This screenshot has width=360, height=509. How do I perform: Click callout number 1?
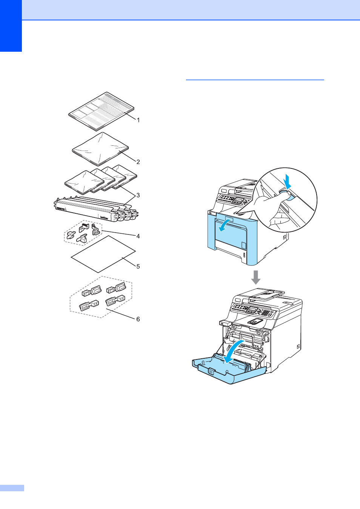coord(138,120)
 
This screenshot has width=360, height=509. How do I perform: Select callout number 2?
coord(138,162)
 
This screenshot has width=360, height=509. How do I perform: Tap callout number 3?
coord(138,196)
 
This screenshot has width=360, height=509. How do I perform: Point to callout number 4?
coord(138,236)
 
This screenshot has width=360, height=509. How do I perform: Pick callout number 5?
coord(138,266)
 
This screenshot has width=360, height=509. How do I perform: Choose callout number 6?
coord(138,319)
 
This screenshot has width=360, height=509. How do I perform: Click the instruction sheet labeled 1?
coord(101,111)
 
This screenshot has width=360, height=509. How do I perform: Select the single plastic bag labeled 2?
coord(100,149)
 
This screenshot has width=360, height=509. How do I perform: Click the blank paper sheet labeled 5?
coord(103,254)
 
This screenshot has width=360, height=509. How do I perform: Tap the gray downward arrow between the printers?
coord(256,277)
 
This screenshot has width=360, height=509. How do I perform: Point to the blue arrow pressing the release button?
coord(287,182)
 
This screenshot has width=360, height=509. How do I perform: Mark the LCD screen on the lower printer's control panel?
coord(253,309)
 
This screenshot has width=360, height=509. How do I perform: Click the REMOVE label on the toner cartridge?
coord(60,208)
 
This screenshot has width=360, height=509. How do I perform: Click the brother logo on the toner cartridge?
coord(104,217)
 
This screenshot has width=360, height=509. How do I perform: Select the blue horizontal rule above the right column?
coord(255,80)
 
